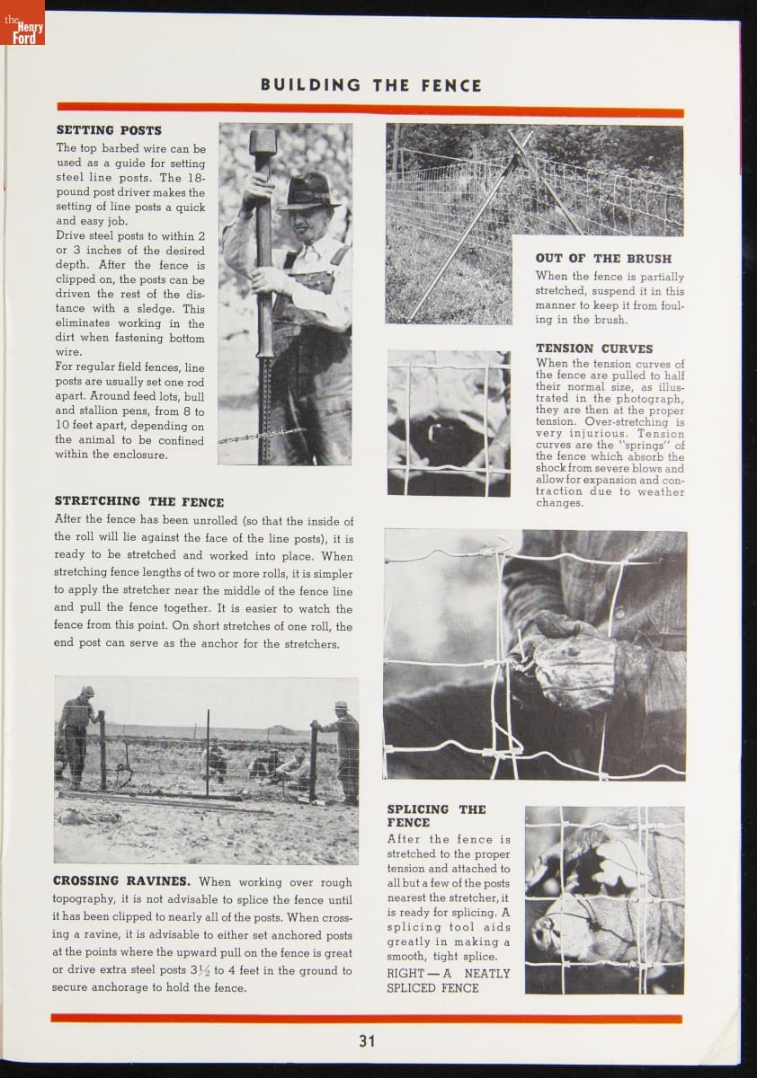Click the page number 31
point(367,1041)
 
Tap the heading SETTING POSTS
point(109,130)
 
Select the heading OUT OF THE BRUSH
point(603,259)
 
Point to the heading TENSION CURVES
point(594,349)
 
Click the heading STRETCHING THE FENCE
point(139,501)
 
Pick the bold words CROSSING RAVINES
point(121,881)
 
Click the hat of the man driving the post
point(308,190)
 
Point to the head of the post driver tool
point(263,143)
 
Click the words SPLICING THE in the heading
point(436,808)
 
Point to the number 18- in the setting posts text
point(195,178)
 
